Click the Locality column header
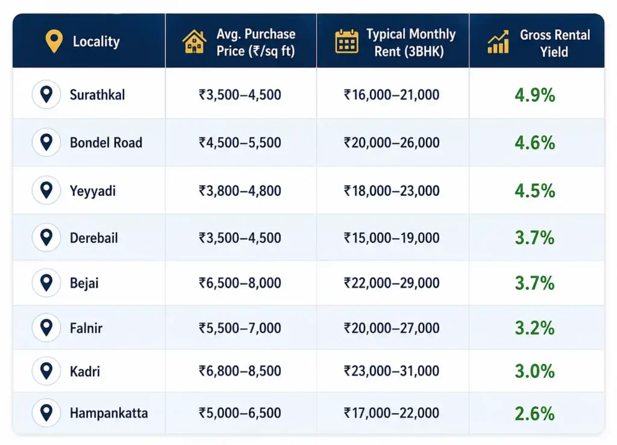96,42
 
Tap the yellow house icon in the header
194,42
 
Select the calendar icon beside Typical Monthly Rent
346,41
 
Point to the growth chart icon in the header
498,42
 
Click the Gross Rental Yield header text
554,43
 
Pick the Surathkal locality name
97,95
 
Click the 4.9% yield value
535,95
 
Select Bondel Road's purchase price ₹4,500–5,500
240,142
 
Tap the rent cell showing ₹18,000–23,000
392,191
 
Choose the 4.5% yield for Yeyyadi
535,191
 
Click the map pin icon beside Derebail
46,238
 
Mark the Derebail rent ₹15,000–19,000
392,238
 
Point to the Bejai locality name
84,283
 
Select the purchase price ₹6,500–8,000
240,283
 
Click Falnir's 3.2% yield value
535,328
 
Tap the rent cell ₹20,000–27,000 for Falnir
392,327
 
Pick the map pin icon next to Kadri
46,371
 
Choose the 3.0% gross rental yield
535,371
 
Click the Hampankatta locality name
109,413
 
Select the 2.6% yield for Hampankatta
535,414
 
